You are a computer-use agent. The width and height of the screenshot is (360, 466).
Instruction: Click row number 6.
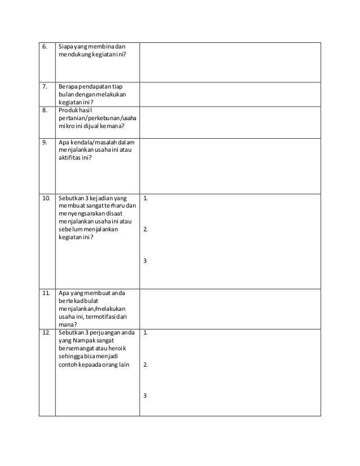click(43, 46)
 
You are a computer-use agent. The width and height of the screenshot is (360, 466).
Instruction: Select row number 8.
click(43, 111)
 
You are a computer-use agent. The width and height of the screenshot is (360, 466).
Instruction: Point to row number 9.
click(43, 143)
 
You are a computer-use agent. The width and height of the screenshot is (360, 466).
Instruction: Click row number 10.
click(45, 198)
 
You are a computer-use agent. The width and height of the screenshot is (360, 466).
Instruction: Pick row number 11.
click(45, 293)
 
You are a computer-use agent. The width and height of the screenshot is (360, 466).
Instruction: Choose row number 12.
click(45, 333)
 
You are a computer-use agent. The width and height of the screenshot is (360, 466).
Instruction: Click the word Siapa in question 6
click(65, 46)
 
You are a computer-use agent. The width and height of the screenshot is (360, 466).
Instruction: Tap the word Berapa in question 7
click(67, 86)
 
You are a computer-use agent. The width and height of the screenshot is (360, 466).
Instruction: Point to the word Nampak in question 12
click(82, 341)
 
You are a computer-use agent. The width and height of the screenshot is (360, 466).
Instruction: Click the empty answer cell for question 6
click(229, 61)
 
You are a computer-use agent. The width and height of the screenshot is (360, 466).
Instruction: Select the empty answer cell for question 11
click(229, 308)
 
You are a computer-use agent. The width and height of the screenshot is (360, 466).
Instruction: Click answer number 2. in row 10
click(146, 230)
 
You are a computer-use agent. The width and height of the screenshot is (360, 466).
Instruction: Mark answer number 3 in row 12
click(145, 395)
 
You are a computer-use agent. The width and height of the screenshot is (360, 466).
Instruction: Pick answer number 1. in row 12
click(146, 333)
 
